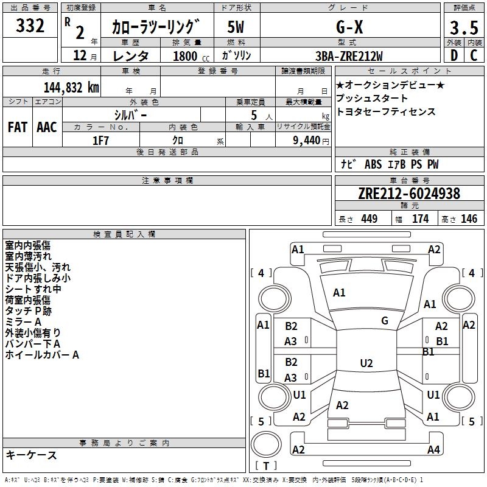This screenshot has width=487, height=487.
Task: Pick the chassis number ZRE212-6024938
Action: tap(409, 194)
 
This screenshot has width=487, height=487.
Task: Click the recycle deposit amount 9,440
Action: tap(303, 141)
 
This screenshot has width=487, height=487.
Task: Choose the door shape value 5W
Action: tap(236, 27)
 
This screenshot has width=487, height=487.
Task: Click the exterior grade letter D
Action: tap(454, 56)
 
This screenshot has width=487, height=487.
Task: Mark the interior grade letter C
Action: tap(473, 56)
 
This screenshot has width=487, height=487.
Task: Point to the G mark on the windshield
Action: tap(385, 321)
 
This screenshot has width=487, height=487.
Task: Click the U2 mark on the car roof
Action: tap(366, 363)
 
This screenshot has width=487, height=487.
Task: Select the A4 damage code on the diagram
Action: tap(433, 450)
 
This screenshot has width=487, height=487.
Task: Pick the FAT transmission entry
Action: tap(17, 127)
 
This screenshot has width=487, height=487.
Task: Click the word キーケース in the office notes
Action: tap(31, 455)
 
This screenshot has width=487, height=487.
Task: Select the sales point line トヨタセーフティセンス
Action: tap(385, 112)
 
